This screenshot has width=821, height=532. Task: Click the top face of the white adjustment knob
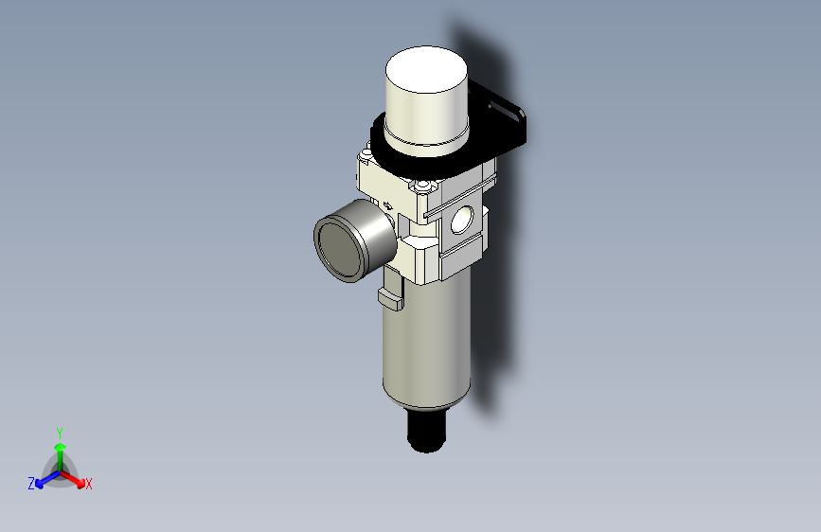click(x=427, y=70)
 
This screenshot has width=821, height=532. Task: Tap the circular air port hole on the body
click(x=463, y=221)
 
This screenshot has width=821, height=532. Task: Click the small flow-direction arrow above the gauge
click(x=387, y=204)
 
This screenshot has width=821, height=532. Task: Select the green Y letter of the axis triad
click(x=59, y=432)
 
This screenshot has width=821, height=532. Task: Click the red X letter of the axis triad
click(x=89, y=484)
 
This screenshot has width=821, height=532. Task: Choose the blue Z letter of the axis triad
click(x=31, y=483)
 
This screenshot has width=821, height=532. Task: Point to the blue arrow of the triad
click(x=44, y=479)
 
